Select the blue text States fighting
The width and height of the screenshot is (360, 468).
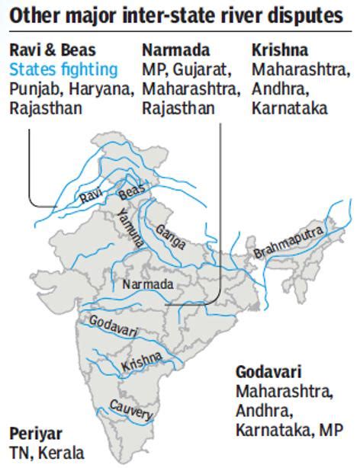pyautogui.click(x=64, y=70)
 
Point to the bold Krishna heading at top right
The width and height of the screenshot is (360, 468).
pyautogui.click(x=279, y=50)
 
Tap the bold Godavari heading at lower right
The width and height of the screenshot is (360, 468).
pyautogui.click(x=268, y=373)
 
